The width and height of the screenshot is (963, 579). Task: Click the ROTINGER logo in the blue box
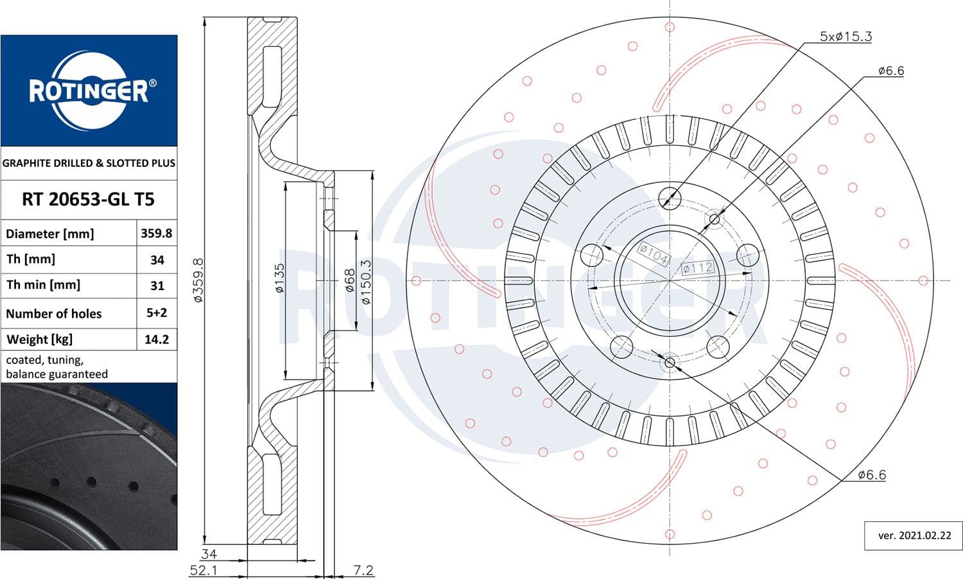89,91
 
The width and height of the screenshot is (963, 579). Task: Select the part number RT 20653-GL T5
89,199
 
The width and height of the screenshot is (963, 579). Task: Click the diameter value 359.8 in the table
157,233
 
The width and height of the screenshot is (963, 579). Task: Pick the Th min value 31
157,286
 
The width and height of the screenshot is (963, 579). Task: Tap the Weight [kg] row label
39,339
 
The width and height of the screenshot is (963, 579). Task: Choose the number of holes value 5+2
157,313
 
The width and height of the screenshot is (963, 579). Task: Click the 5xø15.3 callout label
846,37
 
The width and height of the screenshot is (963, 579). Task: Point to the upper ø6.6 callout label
890,71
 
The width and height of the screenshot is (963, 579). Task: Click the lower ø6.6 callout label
872,475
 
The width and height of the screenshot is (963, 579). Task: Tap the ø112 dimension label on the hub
697,268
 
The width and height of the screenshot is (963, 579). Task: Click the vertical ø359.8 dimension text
198,281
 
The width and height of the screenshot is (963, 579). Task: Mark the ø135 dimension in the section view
279,278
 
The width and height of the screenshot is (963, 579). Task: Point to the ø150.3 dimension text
366,281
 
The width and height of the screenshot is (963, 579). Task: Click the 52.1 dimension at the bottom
204,570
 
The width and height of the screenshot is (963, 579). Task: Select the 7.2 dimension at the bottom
363,570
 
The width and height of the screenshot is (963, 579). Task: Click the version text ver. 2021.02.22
915,535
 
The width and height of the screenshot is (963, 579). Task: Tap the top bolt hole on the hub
670,197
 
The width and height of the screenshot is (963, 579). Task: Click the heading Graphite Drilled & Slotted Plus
89,163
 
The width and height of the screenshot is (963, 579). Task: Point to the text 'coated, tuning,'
44,359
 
